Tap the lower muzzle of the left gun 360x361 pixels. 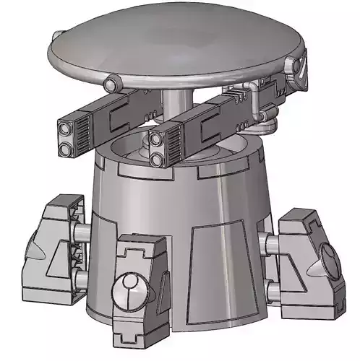[x=66, y=148]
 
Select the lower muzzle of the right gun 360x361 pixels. [x=159, y=158]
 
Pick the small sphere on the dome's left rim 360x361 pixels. [x=111, y=82]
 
